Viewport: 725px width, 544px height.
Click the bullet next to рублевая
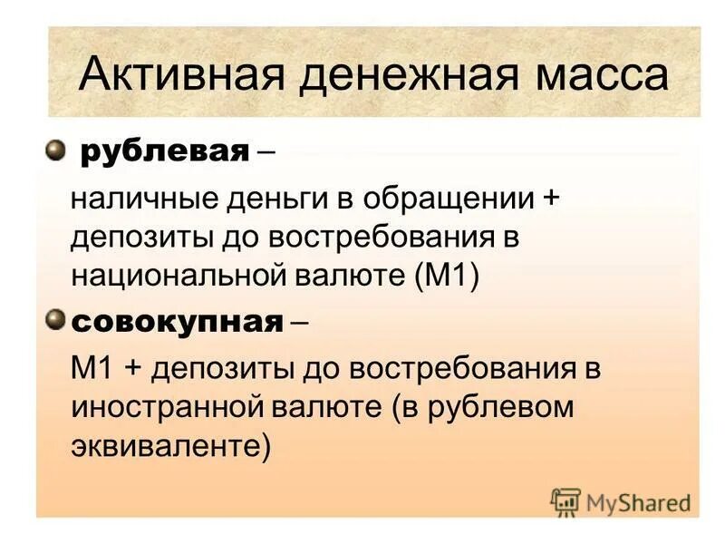click(x=56, y=148)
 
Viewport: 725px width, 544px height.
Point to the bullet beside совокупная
click(x=56, y=319)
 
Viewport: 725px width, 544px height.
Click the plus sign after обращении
click(x=551, y=198)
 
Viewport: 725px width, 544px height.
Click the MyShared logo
click(x=622, y=501)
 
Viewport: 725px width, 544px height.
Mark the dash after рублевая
click(x=267, y=151)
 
